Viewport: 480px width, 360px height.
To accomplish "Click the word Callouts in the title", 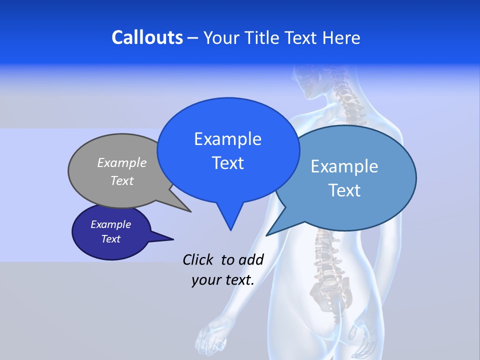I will click(x=147, y=37).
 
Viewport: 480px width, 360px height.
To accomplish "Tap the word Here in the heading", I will click(x=342, y=37).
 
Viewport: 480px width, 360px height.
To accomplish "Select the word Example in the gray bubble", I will click(x=122, y=162).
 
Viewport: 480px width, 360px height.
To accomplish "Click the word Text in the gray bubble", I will click(x=122, y=180).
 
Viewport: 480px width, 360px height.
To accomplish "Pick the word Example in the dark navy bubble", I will click(x=110, y=224).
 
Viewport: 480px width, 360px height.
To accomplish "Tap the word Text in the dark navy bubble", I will click(x=110, y=239).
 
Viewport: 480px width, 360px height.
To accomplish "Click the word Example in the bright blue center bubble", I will click(x=227, y=139).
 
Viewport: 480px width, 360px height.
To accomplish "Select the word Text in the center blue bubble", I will click(x=227, y=163).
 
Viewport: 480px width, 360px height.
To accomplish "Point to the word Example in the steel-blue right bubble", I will click(x=344, y=166).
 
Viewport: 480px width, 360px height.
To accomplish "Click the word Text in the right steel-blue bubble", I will click(x=344, y=190).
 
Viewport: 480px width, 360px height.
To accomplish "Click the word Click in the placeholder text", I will click(x=199, y=259).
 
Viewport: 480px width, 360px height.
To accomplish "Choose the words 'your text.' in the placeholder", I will click(x=223, y=280).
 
